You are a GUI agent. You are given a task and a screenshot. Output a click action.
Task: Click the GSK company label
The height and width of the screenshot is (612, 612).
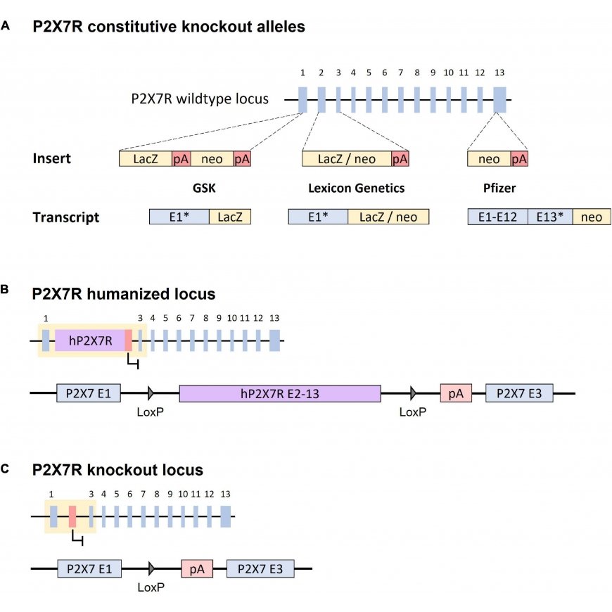click(204, 188)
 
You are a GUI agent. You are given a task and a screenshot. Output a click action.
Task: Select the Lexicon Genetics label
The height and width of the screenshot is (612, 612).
click(357, 188)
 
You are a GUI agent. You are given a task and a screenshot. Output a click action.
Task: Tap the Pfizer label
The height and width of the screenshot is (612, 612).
click(499, 188)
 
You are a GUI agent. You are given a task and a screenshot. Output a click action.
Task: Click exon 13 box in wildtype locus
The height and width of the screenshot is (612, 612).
click(499, 100)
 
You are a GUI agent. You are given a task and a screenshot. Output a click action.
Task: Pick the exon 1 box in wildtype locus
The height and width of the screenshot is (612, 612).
click(302, 100)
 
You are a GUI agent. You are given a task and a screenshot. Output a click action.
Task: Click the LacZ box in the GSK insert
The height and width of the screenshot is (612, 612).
click(146, 159)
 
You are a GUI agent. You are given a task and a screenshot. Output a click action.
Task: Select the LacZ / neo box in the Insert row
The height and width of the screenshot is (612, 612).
click(347, 159)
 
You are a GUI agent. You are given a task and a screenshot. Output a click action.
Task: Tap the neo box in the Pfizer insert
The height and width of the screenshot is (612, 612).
click(489, 159)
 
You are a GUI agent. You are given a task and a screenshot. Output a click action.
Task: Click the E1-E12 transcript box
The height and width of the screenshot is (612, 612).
click(497, 217)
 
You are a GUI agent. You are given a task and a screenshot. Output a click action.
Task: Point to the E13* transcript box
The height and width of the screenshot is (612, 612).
click(550, 217)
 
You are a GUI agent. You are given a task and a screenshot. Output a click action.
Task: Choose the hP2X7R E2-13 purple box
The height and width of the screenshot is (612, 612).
click(280, 393)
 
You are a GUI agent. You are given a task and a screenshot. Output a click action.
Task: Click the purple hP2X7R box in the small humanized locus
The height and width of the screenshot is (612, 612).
click(90, 340)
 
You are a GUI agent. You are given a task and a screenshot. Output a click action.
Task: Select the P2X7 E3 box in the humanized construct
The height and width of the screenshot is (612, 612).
click(519, 393)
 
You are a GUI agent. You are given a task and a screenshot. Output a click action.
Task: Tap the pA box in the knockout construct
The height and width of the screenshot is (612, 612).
click(197, 569)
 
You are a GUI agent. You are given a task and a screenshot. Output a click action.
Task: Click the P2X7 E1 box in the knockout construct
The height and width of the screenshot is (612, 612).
click(89, 568)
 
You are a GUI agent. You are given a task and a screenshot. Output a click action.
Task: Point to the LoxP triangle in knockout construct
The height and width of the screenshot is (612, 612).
click(151, 568)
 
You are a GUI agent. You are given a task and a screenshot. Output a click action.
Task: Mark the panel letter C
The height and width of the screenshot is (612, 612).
click(5, 468)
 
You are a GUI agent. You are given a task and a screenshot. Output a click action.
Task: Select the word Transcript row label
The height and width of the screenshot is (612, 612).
click(66, 217)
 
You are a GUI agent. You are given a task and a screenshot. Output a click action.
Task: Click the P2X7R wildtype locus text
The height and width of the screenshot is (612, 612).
click(200, 98)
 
